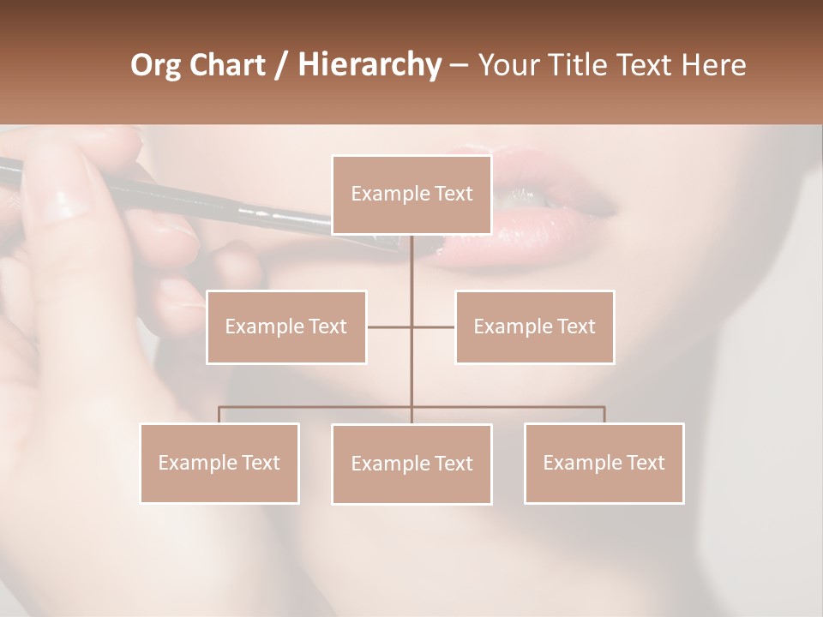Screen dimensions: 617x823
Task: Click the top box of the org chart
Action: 411,195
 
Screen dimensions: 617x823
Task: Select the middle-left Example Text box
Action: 286,326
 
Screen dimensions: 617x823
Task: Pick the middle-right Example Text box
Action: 534,326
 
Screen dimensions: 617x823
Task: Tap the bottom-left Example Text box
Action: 219,463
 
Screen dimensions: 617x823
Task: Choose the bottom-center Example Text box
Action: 411,464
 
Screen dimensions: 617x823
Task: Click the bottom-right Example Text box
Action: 604,463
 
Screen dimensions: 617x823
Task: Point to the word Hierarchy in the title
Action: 369,64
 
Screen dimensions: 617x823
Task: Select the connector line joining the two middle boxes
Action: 411,326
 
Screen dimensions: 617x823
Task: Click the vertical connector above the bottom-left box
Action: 219,415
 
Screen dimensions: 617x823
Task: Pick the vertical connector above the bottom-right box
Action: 604,415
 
